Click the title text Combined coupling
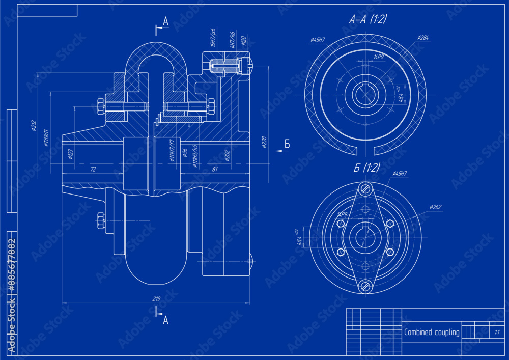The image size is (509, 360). point(431,333)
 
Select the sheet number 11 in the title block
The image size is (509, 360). point(496,332)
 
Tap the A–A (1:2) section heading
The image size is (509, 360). point(367,19)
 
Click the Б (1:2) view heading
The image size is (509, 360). point(366,168)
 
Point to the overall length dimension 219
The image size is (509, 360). point(156,299)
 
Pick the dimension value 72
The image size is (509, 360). point(93,169)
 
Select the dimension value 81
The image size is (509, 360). point(214,169)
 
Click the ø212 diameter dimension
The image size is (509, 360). point(34,126)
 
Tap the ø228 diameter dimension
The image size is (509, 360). point(264,143)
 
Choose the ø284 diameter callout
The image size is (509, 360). point(422,38)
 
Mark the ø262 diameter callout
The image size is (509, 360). point(435,207)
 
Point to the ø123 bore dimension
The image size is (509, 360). point(70,154)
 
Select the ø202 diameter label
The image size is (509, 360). point(227,155)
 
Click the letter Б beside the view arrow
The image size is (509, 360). point(287,144)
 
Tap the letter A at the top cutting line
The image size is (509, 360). point(165,21)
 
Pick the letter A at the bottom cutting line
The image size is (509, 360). point(165,320)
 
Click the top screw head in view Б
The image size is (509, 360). point(365,189)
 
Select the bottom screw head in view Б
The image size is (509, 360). point(365,286)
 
